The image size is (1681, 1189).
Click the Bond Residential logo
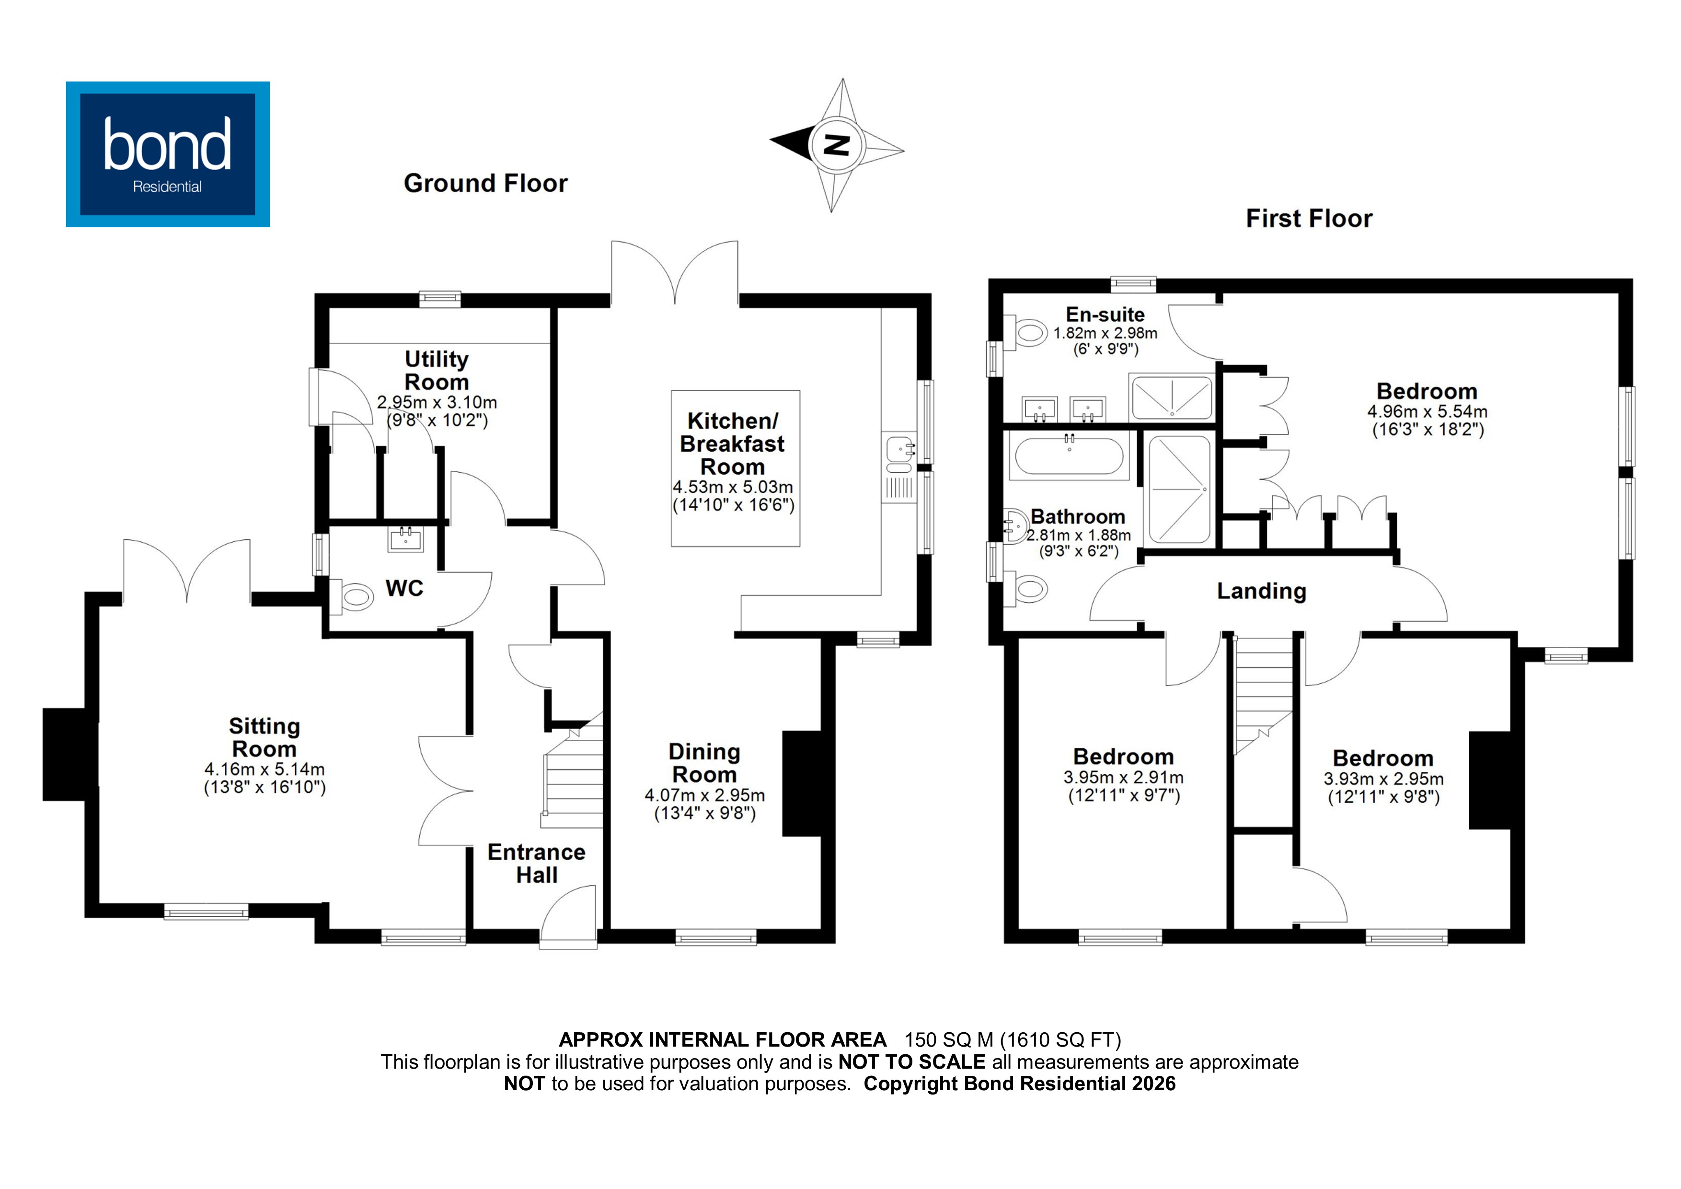pyautogui.click(x=168, y=154)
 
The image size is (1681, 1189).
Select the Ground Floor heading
pyautogui.click(x=485, y=183)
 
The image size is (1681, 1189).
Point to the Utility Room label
pyautogui.click(x=437, y=370)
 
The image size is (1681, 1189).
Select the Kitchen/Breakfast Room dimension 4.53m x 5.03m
pyautogui.click(x=732, y=487)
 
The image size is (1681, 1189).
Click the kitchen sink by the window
pyautogui.click(x=898, y=454)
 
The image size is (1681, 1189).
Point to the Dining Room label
pyautogui.click(x=704, y=763)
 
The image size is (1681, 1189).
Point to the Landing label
pyautogui.click(x=1261, y=591)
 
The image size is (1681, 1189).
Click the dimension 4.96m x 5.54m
pyautogui.click(x=1427, y=412)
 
